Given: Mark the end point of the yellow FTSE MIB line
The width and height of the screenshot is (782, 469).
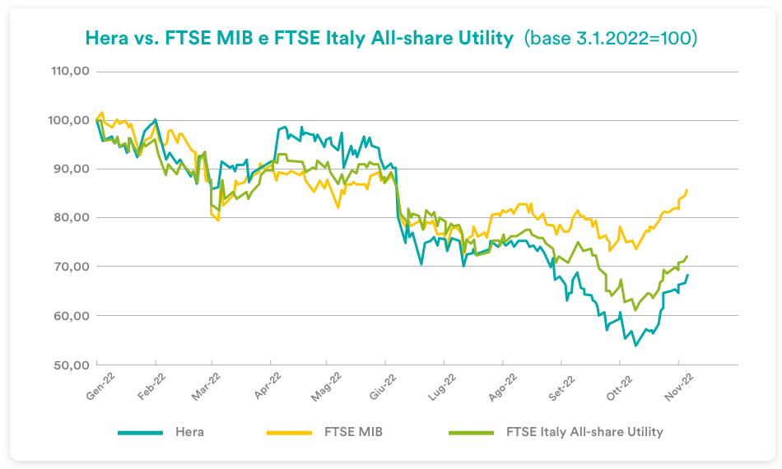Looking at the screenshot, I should pos(687,190).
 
